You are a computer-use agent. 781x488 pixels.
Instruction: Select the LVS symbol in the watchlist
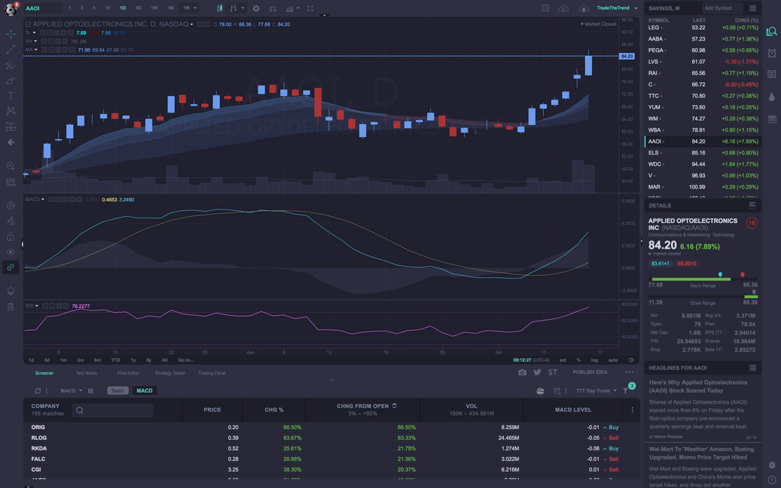(x=654, y=62)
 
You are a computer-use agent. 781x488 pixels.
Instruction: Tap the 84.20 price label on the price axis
(x=626, y=56)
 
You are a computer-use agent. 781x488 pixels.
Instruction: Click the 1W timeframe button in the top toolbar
(x=155, y=8)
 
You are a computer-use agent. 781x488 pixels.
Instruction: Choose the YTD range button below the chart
(x=115, y=360)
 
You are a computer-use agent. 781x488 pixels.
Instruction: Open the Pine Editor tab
(x=128, y=373)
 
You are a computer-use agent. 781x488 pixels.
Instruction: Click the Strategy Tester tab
(x=169, y=373)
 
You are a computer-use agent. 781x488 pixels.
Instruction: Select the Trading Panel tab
(x=212, y=373)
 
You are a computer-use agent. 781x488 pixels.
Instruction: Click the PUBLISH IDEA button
(x=590, y=372)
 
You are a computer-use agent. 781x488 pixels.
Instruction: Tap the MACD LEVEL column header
(x=573, y=409)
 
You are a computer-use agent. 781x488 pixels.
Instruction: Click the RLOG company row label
(x=39, y=438)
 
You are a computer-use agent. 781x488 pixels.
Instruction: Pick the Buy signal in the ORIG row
(x=613, y=427)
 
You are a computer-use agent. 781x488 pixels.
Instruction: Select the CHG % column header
(x=274, y=409)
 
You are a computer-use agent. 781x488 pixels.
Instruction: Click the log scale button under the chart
(x=595, y=360)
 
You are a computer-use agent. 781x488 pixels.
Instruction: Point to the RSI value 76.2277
(x=81, y=306)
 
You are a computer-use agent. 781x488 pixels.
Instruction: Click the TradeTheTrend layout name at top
(x=613, y=8)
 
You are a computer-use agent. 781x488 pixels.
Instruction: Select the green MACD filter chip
(x=144, y=390)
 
